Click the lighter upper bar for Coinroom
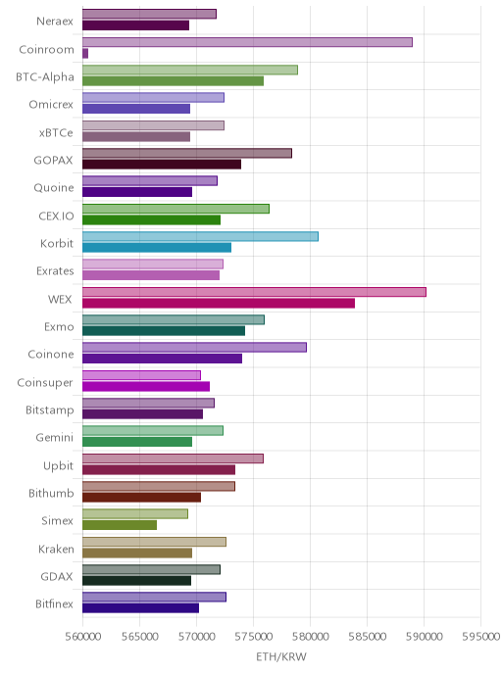[247, 42]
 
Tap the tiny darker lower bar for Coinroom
[85, 53]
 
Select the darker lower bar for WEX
[219, 304]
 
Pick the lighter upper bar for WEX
[254, 292]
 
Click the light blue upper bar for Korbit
[200, 236]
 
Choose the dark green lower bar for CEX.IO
[151, 220]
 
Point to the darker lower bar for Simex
[120, 525]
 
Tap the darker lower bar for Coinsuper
[146, 386]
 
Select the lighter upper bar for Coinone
[194, 348]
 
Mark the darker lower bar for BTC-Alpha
[173, 80]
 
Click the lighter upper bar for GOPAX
[187, 153]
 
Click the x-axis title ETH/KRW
[281, 656]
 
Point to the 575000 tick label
[253, 637]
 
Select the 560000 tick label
[83, 637]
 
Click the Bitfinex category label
[54, 603]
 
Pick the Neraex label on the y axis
[55, 22]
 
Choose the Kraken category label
[56, 549]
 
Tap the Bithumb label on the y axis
[51, 493]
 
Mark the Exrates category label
[55, 270]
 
